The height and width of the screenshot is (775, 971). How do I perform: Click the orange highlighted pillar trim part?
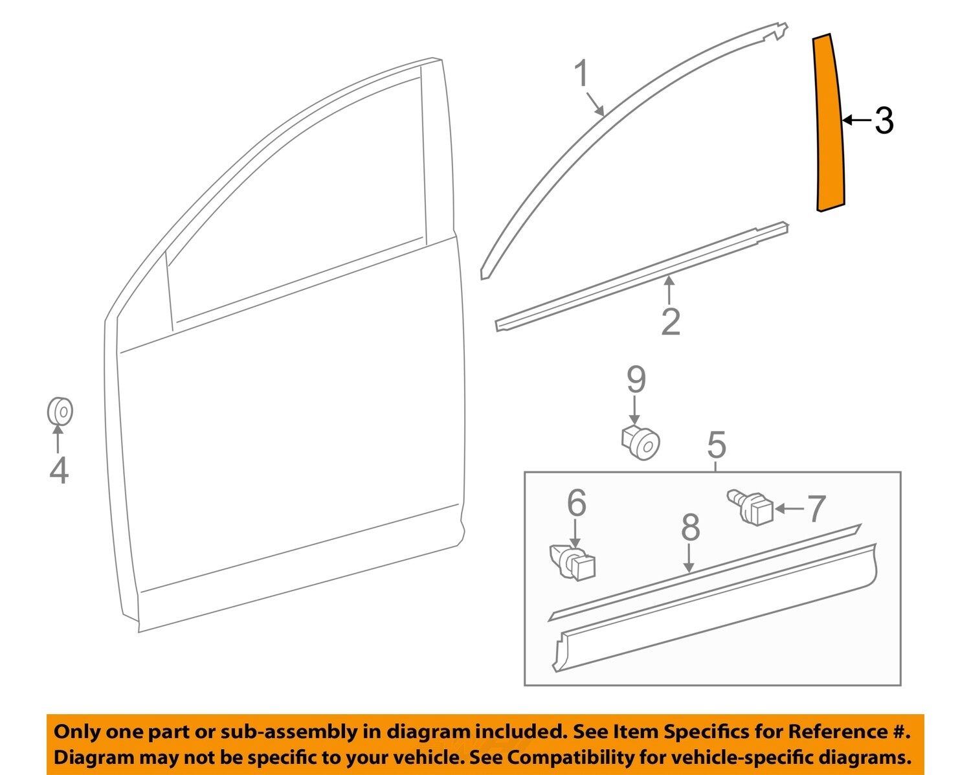(x=829, y=123)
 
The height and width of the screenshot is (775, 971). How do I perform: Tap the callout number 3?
(x=884, y=120)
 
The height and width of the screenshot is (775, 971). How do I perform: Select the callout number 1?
(x=582, y=73)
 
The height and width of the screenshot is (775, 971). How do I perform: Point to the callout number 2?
(x=671, y=322)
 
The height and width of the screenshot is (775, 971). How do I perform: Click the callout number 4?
(x=59, y=470)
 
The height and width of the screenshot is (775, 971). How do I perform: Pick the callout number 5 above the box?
(x=717, y=445)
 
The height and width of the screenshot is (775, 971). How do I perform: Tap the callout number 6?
(x=576, y=503)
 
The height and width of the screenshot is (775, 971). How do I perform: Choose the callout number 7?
(x=817, y=508)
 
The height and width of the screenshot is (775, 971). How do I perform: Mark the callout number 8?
(x=690, y=528)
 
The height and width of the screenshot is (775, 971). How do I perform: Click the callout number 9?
(x=636, y=379)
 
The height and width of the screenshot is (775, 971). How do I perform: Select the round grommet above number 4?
(x=60, y=411)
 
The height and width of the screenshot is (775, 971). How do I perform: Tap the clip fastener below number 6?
(x=572, y=563)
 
